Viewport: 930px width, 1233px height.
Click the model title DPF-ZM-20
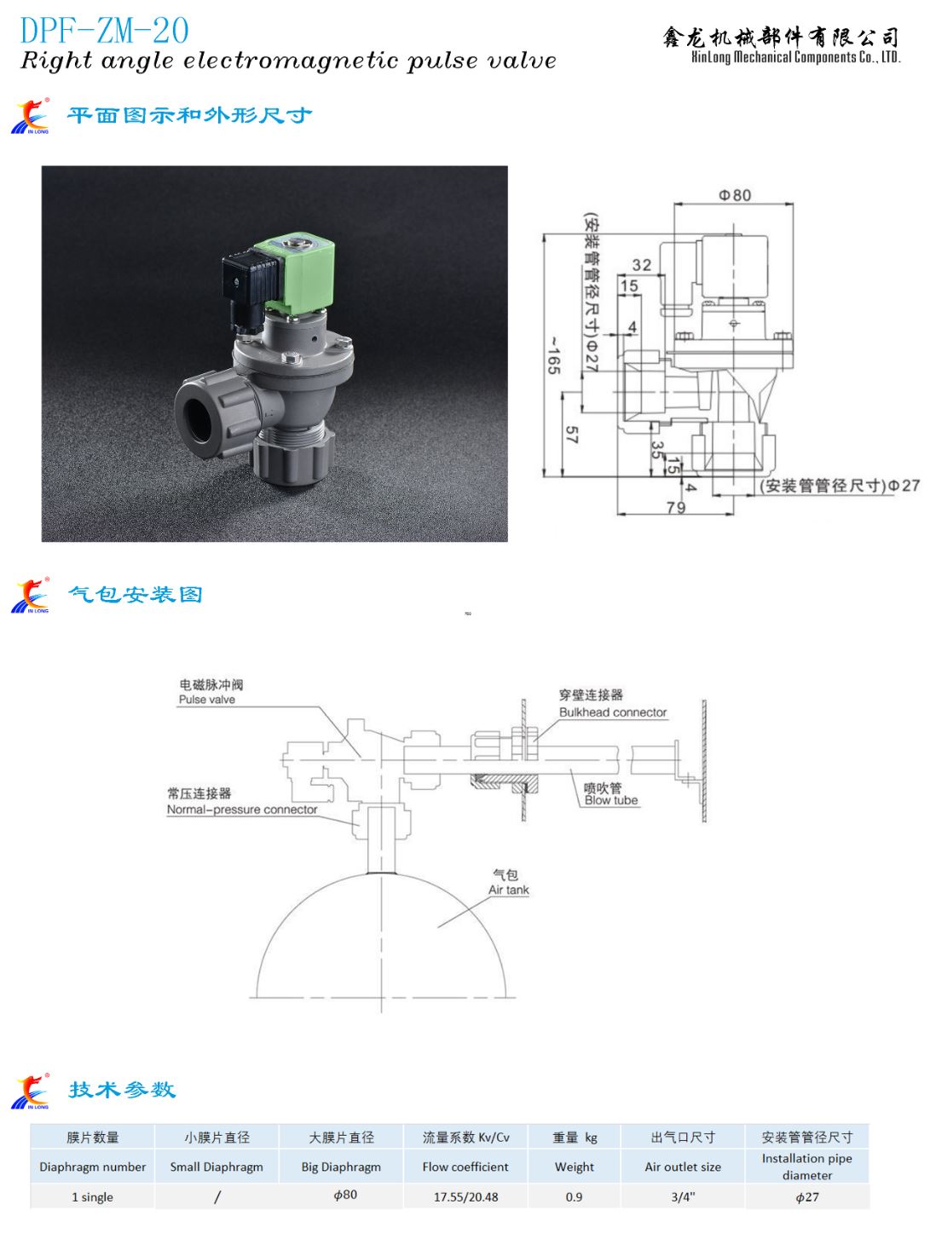coord(104,31)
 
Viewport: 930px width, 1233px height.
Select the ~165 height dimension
coord(553,355)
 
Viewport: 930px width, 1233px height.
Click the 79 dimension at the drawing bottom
coord(676,507)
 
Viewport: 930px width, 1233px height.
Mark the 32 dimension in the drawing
coord(641,264)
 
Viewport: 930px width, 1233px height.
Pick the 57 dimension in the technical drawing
coord(571,435)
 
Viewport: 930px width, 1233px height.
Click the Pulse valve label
coord(207,700)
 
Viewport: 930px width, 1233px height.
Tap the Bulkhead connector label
coord(613,712)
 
